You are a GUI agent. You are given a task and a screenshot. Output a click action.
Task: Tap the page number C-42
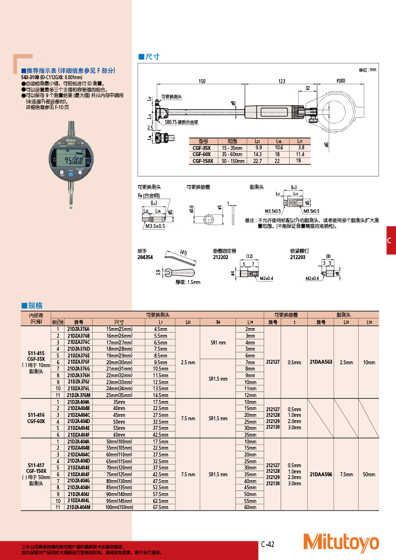268,544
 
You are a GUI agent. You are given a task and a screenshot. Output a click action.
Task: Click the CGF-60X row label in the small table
202,154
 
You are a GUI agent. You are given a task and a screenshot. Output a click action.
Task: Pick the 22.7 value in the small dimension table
257,161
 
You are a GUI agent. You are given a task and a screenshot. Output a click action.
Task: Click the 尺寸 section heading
152,57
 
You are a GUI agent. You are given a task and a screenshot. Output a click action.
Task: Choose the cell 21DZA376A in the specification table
79,329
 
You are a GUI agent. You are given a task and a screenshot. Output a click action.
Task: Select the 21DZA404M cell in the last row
79,507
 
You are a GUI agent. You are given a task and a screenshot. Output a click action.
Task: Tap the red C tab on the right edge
389,240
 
